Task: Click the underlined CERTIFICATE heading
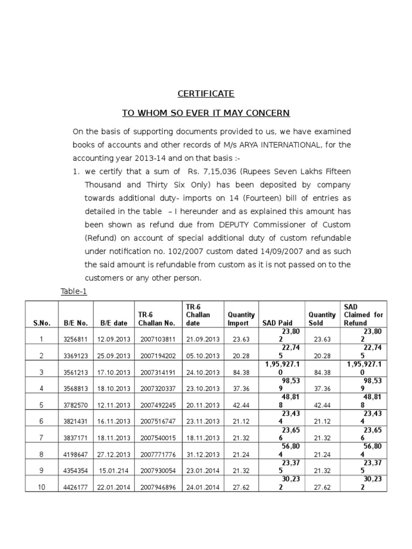(206, 94)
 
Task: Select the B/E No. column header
(75, 323)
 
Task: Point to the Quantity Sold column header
(322, 319)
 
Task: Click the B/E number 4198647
(76, 455)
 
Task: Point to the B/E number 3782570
(76, 405)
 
